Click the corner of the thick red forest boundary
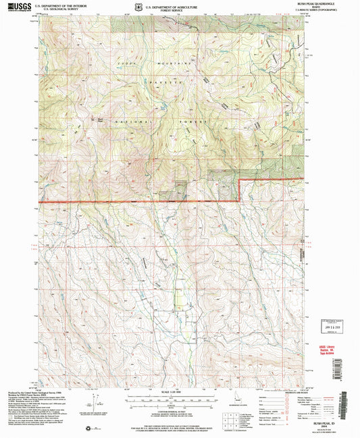240,181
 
